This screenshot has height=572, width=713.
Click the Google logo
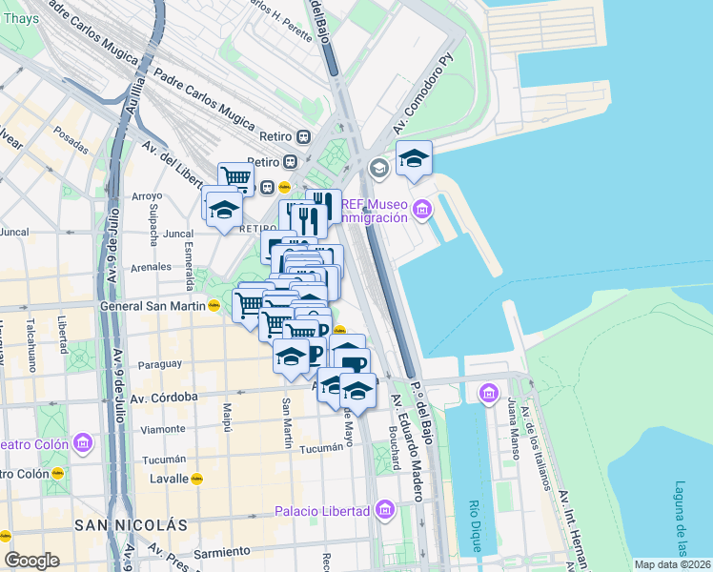[31, 561]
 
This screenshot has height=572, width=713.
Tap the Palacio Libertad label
[322, 511]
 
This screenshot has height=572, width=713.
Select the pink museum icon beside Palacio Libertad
[385, 511]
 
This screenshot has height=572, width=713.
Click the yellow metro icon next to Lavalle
[197, 479]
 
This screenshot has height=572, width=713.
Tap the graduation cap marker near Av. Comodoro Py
[414, 158]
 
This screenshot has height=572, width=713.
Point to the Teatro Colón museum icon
[82, 443]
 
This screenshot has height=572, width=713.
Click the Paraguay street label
[159, 364]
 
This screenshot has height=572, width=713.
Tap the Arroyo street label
[148, 196]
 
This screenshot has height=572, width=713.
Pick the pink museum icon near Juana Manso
[490, 393]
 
